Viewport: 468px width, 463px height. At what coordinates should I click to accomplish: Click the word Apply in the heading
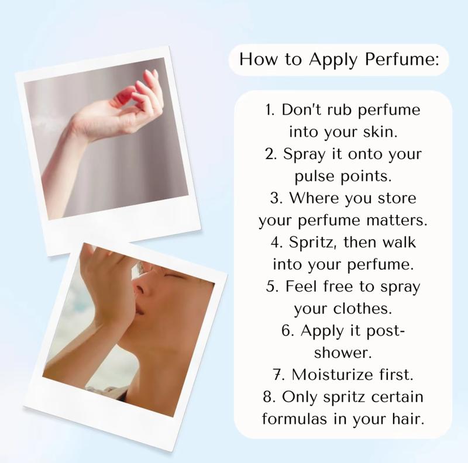pyautogui.click(x=333, y=60)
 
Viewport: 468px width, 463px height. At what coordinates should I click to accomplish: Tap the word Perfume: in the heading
pyautogui.click(x=402, y=59)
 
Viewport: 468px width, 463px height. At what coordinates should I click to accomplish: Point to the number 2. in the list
pyautogui.click(x=271, y=154)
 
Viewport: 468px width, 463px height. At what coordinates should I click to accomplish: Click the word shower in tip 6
pyautogui.click(x=341, y=353)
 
